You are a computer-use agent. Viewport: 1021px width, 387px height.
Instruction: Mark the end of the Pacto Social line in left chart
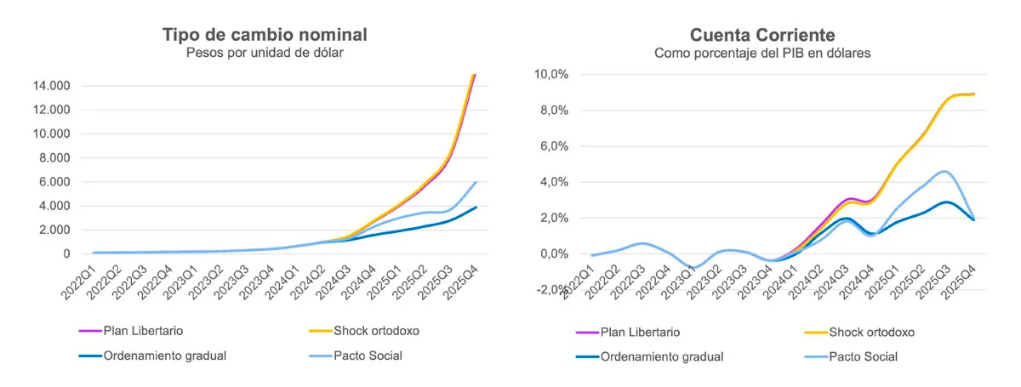coord(476,182)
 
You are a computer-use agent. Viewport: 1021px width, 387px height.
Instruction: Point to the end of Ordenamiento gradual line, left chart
coord(476,207)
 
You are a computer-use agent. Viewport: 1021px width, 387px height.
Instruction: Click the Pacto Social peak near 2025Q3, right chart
coord(944,172)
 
